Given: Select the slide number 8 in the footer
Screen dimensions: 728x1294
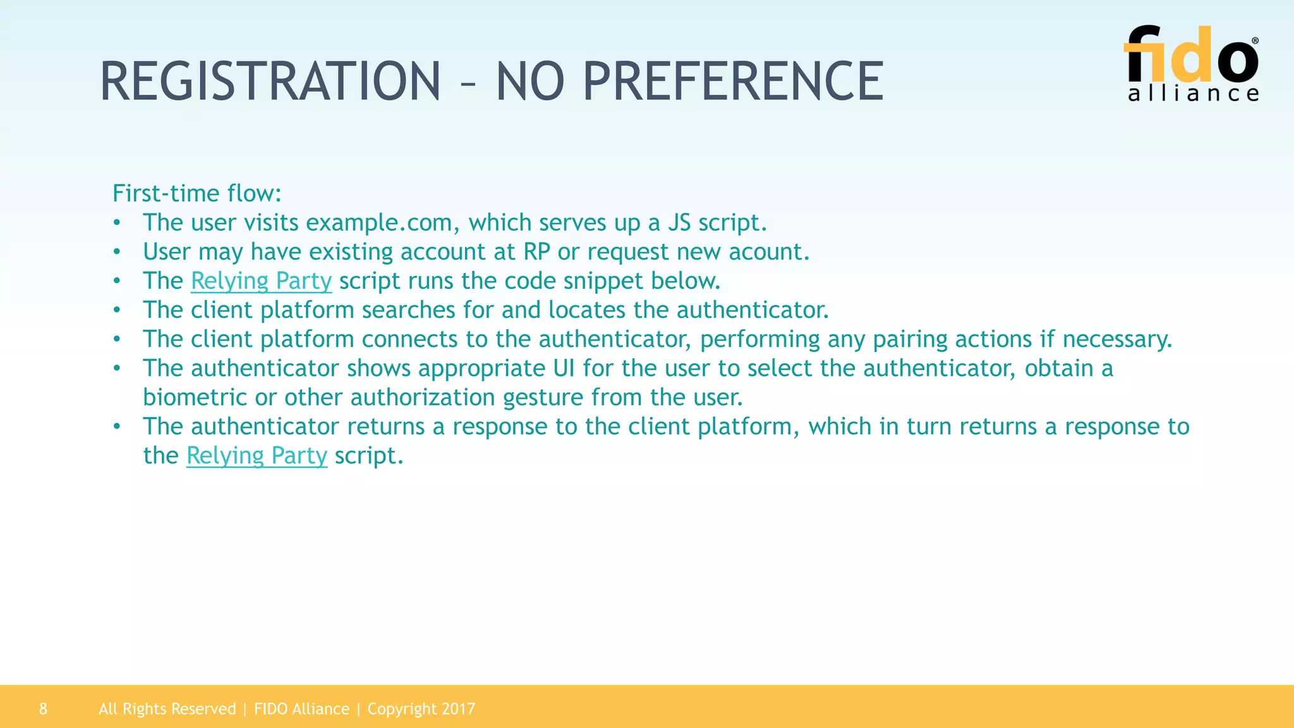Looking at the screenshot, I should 43,709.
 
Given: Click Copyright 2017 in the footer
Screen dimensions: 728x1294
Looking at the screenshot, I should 421,709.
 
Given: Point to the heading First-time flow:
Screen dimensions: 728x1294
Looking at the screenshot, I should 197,193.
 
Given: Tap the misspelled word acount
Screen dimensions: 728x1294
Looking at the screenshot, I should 768,252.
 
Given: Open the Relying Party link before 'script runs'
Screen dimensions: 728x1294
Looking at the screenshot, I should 261,281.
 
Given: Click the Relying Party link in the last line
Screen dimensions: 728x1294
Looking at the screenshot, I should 257,456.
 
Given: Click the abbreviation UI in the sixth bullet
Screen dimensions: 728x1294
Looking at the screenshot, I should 564,368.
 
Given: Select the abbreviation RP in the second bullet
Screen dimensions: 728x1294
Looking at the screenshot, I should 537,252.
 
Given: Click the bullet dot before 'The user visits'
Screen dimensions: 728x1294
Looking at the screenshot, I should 117,223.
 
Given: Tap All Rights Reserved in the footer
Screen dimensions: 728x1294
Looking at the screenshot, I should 167,709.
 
